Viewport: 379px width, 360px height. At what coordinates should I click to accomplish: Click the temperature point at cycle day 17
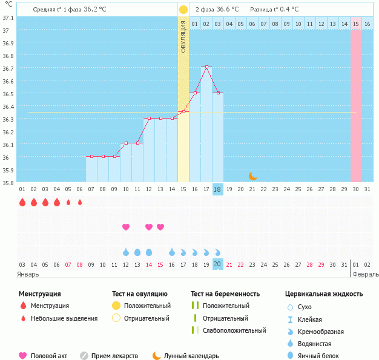206,67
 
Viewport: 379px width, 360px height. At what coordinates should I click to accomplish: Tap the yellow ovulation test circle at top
183,10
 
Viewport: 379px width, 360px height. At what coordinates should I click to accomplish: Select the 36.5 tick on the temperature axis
8,94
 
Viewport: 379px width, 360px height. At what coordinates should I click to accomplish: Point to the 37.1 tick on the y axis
8,18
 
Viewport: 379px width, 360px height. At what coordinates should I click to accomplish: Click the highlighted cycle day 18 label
218,189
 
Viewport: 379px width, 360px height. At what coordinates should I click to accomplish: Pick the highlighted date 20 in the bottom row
218,264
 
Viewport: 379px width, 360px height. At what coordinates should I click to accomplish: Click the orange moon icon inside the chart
252,176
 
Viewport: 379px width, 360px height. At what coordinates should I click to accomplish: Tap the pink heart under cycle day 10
126,227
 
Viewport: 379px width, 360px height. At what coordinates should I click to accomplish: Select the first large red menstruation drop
22,202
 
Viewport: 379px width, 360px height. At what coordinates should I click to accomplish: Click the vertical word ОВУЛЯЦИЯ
183,36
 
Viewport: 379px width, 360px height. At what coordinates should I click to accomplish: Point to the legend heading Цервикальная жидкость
324,294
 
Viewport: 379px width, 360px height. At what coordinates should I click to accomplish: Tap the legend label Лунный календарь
193,356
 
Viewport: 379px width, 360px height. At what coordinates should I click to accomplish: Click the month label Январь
28,274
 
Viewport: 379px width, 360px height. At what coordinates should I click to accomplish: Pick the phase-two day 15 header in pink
356,24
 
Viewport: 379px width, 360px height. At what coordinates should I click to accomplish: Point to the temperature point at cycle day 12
149,118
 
